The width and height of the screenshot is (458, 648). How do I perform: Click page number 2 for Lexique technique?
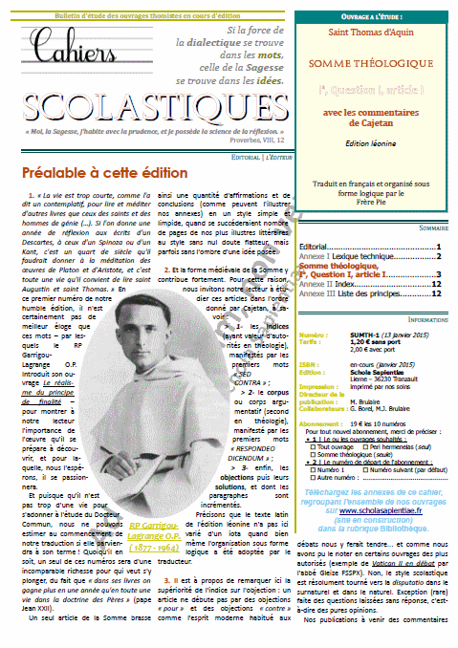(x=438, y=256)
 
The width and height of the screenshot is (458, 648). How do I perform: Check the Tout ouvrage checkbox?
(x=311, y=420)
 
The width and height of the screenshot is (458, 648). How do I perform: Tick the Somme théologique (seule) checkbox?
(x=311, y=427)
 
